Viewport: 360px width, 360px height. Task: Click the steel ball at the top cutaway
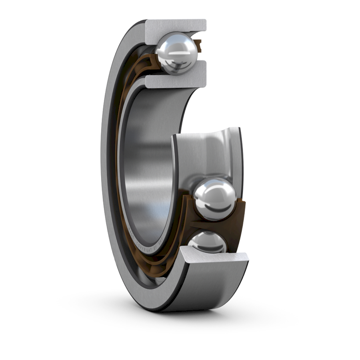[x=176, y=53]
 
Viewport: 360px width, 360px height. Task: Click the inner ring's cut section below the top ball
[x=176, y=80]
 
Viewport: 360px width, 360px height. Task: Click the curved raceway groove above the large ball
[x=208, y=152]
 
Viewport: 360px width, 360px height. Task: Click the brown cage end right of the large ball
[x=240, y=208]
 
